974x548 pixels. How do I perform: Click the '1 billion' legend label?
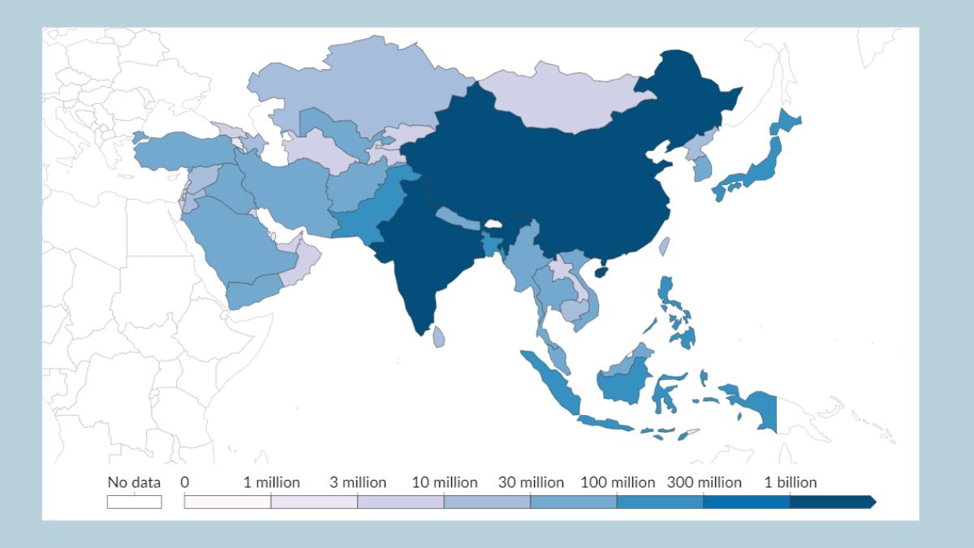[x=791, y=482]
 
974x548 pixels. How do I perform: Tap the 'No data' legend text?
[x=134, y=482]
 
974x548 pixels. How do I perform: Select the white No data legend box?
[x=134, y=502]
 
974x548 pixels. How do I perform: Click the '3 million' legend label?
[x=358, y=482]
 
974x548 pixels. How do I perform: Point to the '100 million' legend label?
[x=618, y=482]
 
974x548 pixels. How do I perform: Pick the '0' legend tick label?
[x=185, y=482]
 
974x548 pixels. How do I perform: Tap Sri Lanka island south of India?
[x=438, y=336]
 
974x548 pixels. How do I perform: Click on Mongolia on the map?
[x=560, y=101]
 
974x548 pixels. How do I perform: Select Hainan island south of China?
[x=601, y=271]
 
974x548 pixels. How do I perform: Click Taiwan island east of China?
[x=664, y=246]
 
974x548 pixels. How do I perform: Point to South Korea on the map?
[x=700, y=169]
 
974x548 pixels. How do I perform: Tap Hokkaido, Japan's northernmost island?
[x=787, y=122]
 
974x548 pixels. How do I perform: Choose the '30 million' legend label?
[x=531, y=482]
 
